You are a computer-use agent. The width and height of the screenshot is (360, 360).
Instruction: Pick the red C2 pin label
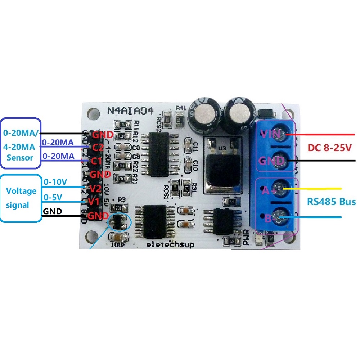(98, 148)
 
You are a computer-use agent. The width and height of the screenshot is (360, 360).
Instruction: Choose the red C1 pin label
(96, 161)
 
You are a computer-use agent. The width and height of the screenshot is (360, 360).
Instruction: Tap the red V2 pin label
(94, 189)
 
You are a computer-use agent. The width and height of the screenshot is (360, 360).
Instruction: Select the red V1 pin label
(94, 202)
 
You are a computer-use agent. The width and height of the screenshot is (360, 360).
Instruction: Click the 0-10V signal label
(55, 182)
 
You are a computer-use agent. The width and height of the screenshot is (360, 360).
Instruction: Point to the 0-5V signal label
(53, 197)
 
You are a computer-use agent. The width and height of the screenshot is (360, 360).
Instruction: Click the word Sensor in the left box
(20, 157)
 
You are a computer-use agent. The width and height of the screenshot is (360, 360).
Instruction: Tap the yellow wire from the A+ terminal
(317, 189)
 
